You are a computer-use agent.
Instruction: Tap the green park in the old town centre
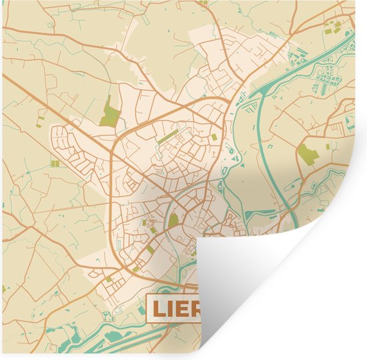click(173, 220)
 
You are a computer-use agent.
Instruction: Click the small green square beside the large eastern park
click(327, 146)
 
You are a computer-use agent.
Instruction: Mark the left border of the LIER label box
click(148, 309)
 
